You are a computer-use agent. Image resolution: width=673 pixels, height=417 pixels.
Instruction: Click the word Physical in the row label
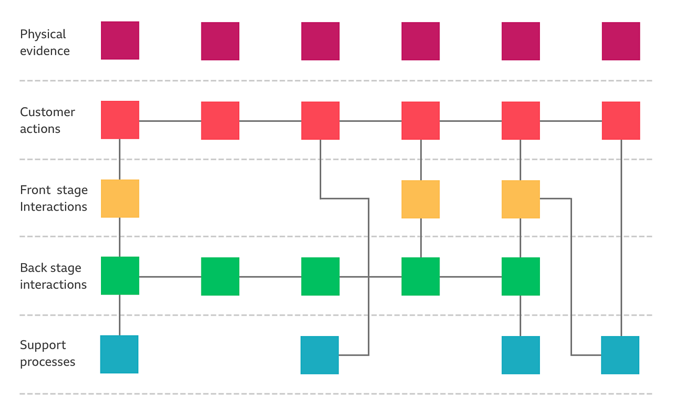pyautogui.click(x=43, y=34)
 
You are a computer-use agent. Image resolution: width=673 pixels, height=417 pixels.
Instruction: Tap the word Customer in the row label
pyautogui.click(x=47, y=112)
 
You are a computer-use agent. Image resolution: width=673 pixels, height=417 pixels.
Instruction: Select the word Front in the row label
pyautogui.click(x=35, y=190)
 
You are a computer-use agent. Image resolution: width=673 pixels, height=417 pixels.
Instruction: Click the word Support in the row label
pyautogui.click(x=43, y=345)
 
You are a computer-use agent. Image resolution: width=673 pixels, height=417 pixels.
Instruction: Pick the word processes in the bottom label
pyautogui.click(x=47, y=362)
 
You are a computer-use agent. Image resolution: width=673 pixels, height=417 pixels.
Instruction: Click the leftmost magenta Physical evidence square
pyautogui.click(x=120, y=40)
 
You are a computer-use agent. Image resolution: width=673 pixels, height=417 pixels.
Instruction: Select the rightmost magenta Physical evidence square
pyautogui.click(x=621, y=41)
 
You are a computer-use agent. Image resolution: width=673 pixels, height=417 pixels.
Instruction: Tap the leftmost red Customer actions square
pyautogui.click(x=120, y=120)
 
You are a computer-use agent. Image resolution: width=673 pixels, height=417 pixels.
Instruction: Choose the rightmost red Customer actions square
pyautogui.click(x=621, y=120)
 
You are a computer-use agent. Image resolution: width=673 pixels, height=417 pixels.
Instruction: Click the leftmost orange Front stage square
pyautogui.click(x=120, y=199)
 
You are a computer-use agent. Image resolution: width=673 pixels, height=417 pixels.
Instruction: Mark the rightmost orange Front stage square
pyautogui.click(x=521, y=199)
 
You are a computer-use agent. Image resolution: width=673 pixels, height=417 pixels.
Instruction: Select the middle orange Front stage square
pyautogui.click(x=421, y=199)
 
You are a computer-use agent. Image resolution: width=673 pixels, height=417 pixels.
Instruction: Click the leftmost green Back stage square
pyautogui.click(x=120, y=276)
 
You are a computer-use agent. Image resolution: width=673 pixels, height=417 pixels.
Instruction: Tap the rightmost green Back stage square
pyautogui.click(x=521, y=276)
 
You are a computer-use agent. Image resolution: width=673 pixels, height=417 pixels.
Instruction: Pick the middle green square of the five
pyautogui.click(x=320, y=276)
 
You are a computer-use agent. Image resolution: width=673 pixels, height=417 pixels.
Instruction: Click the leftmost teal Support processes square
pyautogui.click(x=119, y=355)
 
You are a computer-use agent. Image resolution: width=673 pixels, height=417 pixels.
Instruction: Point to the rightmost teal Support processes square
pyautogui.click(x=620, y=355)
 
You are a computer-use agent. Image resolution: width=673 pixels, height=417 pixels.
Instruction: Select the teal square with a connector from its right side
pyautogui.click(x=320, y=355)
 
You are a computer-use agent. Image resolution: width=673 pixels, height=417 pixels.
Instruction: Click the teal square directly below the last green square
pyautogui.click(x=521, y=355)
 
